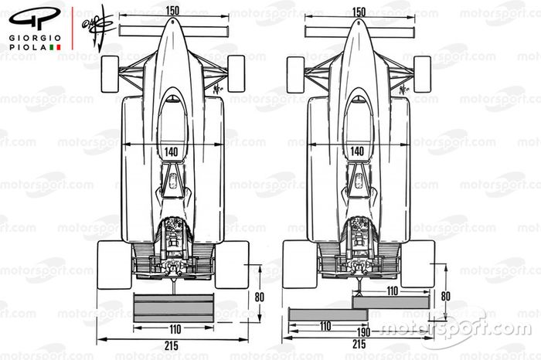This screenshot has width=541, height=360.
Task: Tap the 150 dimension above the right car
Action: click(358, 12)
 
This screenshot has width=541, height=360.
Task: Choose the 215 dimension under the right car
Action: click(358, 345)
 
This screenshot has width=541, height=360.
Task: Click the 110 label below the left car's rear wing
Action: click(173, 326)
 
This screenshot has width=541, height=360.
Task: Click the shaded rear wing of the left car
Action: click(173, 307)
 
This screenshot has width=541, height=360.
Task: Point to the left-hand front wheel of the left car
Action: click(111, 73)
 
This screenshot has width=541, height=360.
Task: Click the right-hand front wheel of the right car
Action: click(422, 73)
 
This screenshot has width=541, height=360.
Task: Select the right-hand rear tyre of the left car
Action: click(233, 263)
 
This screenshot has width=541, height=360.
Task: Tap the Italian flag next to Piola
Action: click(55, 48)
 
